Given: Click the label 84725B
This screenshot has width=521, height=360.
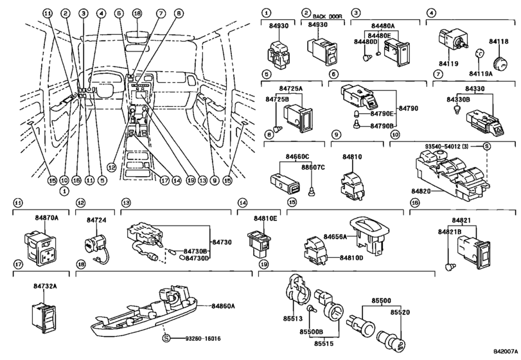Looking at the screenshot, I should pyautogui.click(x=276, y=100).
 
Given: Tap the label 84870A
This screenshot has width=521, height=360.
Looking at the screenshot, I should pyautogui.click(x=39, y=219).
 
